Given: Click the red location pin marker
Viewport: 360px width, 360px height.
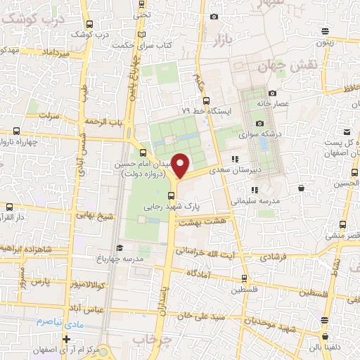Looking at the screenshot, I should [x=181, y=166].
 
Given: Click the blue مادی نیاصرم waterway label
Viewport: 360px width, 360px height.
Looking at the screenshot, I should [x=60, y=321].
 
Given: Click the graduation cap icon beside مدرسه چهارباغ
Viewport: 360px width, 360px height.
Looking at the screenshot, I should [x=120, y=247].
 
